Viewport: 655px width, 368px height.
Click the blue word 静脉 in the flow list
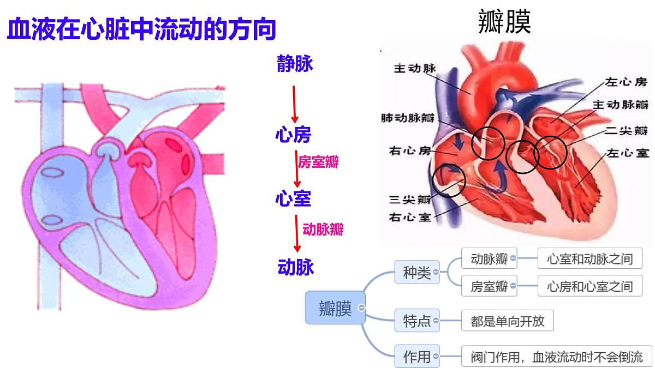[x=295, y=63]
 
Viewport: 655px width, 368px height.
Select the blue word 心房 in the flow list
[x=293, y=135]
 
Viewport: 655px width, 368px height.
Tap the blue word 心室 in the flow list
[x=293, y=198]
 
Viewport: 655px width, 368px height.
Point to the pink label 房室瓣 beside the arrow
[x=318, y=162]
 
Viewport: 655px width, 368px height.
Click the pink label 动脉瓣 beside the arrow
[x=323, y=230]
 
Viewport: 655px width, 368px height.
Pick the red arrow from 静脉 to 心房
[x=294, y=104]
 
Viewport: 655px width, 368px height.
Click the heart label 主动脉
[x=415, y=69]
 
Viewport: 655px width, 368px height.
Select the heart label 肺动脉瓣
[x=408, y=118]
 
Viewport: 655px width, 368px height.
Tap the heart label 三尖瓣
[x=410, y=200]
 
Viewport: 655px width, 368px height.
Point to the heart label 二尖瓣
[x=626, y=130]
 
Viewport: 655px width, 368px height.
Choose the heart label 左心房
[x=626, y=82]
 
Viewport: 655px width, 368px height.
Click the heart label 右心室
[x=410, y=218]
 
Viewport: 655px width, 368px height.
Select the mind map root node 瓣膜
[x=335, y=307]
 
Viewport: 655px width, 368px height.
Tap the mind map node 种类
[x=417, y=272]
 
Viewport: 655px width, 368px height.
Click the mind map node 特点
[x=417, y=321]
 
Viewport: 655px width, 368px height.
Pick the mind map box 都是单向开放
[x=508, y=321]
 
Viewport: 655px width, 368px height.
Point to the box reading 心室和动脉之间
[x=590, y=258]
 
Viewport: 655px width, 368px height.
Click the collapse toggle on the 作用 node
[x=436, y=357]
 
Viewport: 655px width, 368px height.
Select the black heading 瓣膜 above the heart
[x=504, y=22]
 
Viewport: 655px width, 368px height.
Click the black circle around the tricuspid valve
[x=432, y=180]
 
